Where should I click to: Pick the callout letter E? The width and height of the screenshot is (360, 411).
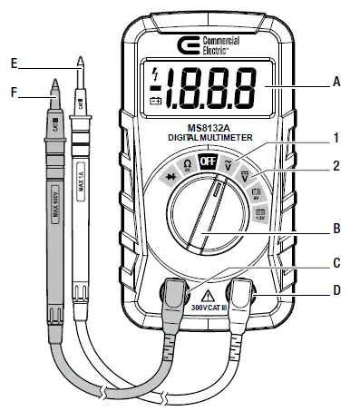(13, 63)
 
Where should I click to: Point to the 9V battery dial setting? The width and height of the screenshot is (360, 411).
(256, 192)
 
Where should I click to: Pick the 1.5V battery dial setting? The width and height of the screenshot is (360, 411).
(261, 214)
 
